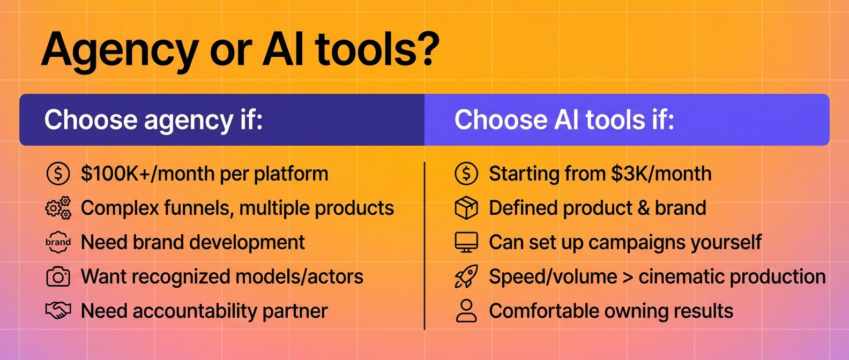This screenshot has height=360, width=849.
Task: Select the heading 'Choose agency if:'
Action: point(153,120)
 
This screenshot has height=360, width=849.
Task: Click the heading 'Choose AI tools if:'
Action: point(564,120)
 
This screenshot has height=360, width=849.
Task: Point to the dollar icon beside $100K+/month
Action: point(58,174)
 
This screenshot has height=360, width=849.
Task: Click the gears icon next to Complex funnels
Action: point(58,208)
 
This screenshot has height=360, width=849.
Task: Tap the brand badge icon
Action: point(58,242)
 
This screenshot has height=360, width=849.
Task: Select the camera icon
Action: point(58,277)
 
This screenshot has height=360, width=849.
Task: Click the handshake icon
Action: point(58,311)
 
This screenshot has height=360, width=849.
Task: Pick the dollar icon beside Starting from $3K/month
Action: point(466,174)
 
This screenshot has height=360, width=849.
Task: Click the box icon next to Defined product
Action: point(466,208)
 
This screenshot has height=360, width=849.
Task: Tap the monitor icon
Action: point(466,242)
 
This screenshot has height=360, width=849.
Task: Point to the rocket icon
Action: point(466,277)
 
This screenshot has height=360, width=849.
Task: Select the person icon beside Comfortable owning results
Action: point(466,311)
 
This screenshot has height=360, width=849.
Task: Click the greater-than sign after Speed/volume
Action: point(628,277)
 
